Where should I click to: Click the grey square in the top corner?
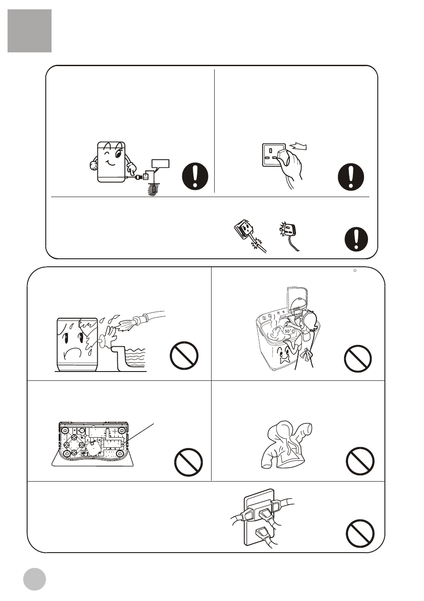point(30,31)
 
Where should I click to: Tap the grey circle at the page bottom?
point(34,579)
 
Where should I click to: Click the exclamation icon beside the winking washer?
point(195,176)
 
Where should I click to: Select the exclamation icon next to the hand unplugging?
point(351,177)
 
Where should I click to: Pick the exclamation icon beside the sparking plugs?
point(356,239)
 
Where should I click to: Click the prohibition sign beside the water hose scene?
point(184,356)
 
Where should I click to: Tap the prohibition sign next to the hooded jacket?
point(360,461)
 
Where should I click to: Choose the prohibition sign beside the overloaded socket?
point(360,534)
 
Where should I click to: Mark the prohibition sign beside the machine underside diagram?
point(188,462)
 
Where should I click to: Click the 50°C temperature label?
point(290,332)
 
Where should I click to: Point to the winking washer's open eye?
point(119,154)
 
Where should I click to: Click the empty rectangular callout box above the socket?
point(160,163)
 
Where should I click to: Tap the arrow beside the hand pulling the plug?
point(298,146)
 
